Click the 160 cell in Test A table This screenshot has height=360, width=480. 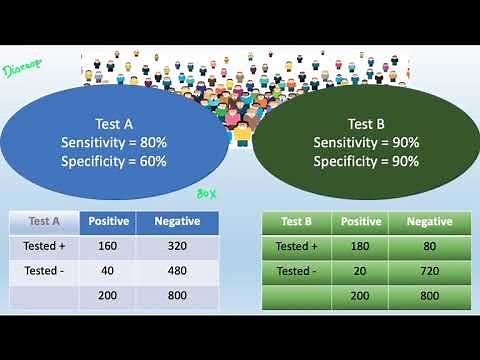(107, 246)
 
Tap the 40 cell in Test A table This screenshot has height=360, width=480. (107, 272)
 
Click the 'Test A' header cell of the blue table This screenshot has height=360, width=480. (45, 221)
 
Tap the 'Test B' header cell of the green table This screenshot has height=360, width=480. (297, 222)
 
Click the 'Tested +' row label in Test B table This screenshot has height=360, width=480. (295, 247)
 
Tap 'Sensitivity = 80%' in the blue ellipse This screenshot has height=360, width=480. (113, 142)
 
